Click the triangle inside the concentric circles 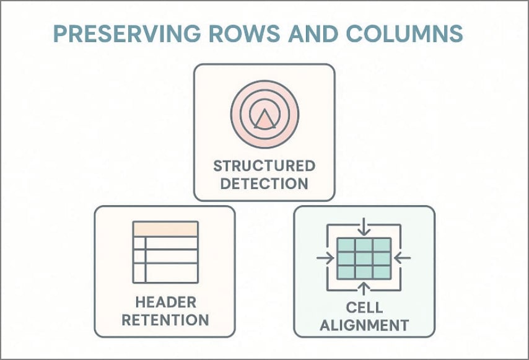[264, 117]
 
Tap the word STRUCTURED [264, 166]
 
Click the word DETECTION [264, 183]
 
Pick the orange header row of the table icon [165, 229]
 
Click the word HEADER [165, 302]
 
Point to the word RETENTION [165, 320]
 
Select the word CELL [364, 307]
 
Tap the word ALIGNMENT [364, 325]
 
